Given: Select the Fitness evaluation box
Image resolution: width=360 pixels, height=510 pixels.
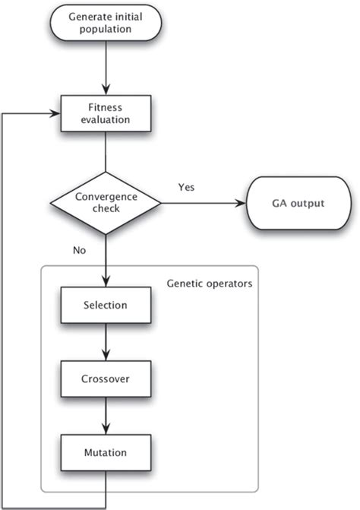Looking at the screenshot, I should (x=106, y=112).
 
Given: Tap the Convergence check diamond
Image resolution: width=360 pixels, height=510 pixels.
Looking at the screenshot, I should (x=106, y=202).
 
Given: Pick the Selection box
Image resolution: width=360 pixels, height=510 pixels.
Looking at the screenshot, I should (x=106, y=306).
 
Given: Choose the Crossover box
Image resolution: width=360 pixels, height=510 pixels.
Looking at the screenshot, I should (x=106, y=379).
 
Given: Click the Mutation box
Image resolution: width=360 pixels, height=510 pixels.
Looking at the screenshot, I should (x=106, y=452).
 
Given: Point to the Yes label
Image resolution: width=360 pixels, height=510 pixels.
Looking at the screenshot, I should (x=186, y=186).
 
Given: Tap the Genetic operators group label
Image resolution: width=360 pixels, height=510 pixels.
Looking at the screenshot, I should (x=210, y=284).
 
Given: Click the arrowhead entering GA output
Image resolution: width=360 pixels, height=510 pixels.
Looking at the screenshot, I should (x=241, y=203).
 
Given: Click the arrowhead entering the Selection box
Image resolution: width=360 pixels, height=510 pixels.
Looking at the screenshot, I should (x=106, y=281).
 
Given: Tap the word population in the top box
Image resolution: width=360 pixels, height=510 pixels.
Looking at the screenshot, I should (x=106, y=30).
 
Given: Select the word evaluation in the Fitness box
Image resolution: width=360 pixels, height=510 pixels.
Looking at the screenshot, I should (x=106, y=119).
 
